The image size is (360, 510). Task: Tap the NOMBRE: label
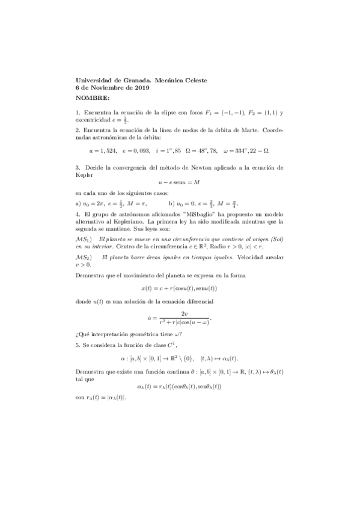click(93, 97)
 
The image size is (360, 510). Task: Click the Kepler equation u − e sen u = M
click(180, 183)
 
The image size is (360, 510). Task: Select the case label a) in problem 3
click(78, 203)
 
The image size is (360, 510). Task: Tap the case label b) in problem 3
click(172, 203)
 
